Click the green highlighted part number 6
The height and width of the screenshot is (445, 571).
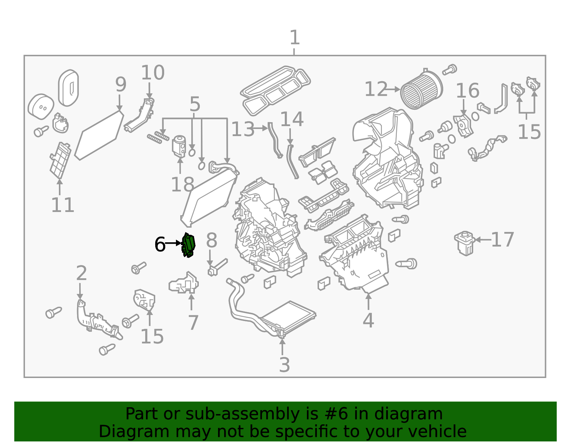188,245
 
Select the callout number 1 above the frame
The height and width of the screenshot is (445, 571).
294,38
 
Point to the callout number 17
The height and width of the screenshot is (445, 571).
502,240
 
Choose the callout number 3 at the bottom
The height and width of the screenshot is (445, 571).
284,365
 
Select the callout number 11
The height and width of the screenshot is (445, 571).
62,205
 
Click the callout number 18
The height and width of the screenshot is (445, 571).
182,185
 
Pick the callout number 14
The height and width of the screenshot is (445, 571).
292,119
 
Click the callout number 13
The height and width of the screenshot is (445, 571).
243,129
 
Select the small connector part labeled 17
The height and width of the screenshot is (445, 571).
464,243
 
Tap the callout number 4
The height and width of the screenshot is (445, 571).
368,320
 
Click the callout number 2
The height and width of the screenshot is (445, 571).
81,273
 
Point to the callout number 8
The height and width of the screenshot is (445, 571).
211,240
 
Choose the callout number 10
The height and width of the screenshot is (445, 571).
152,73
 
